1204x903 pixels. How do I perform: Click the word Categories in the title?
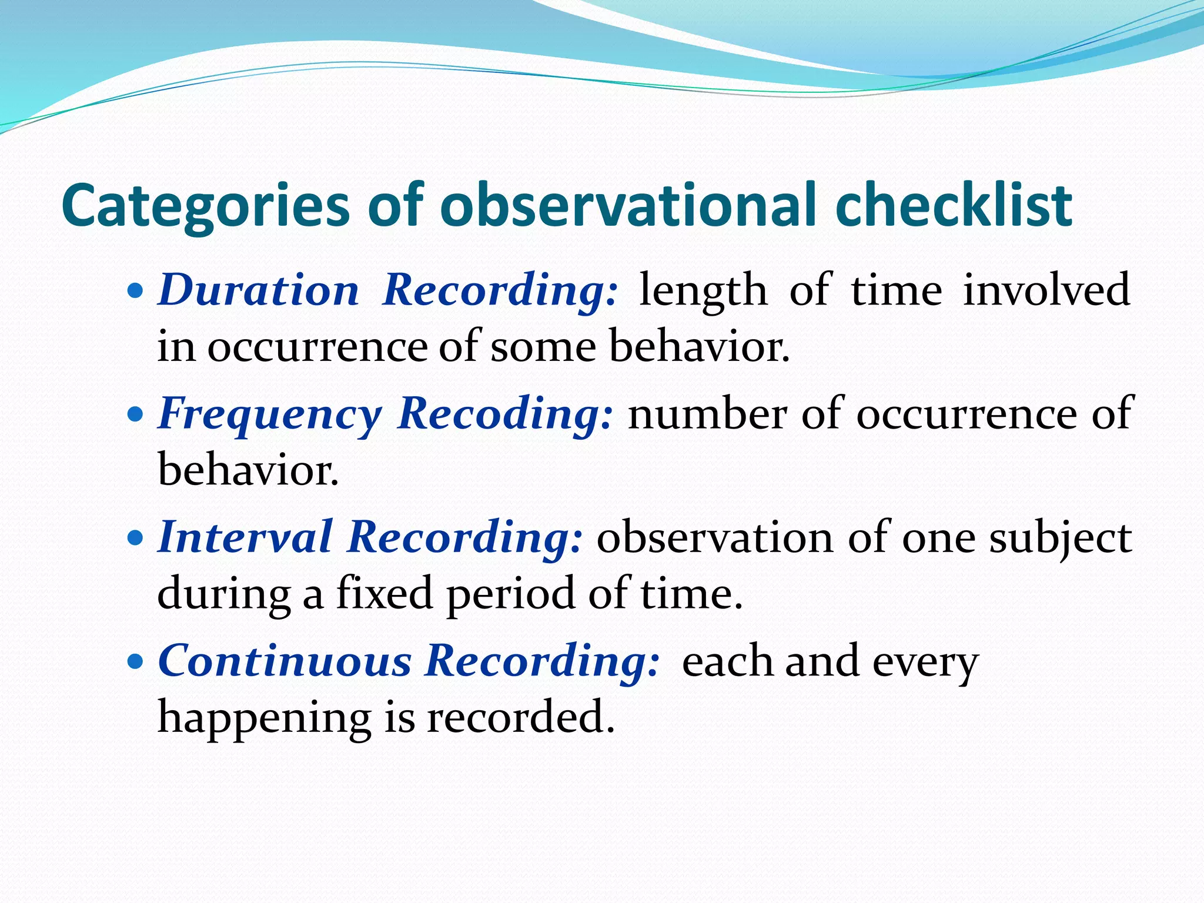(x=206, y=206)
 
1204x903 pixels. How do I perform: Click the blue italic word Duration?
(x=258, y=290)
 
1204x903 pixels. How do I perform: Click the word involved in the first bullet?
(x=1046, y=290)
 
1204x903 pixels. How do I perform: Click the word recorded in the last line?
(x=520, y=717)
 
